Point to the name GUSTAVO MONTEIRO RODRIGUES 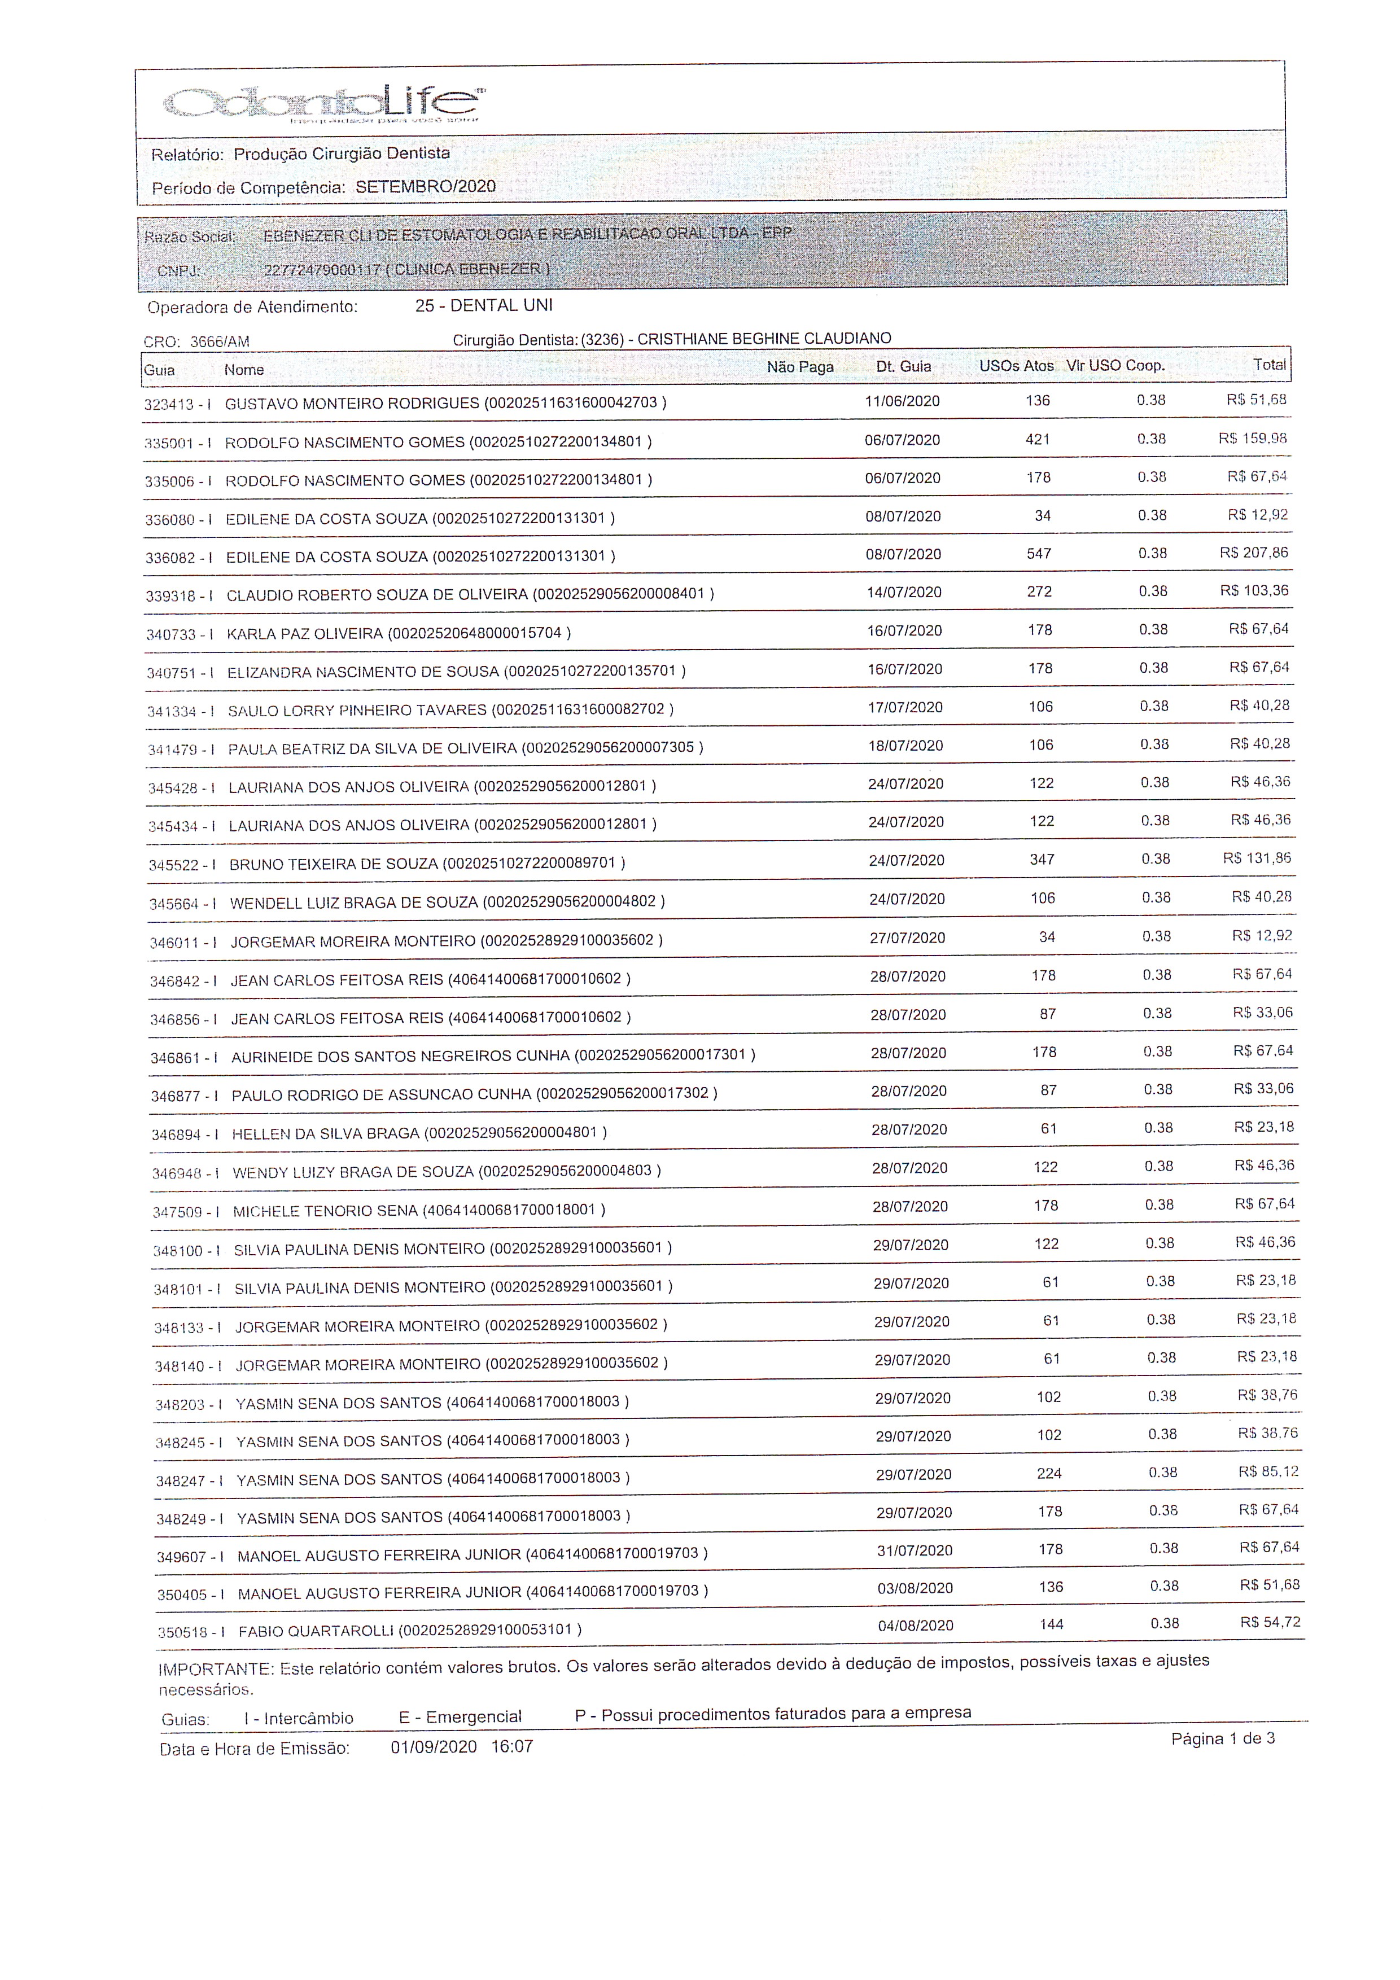point(352,403)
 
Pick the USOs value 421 point(1037,440)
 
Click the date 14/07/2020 point(904,593)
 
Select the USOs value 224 point(1049,1474)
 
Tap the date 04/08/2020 point(915,1626)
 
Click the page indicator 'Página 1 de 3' point(1222,1738)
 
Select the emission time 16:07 point(513,1747)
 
